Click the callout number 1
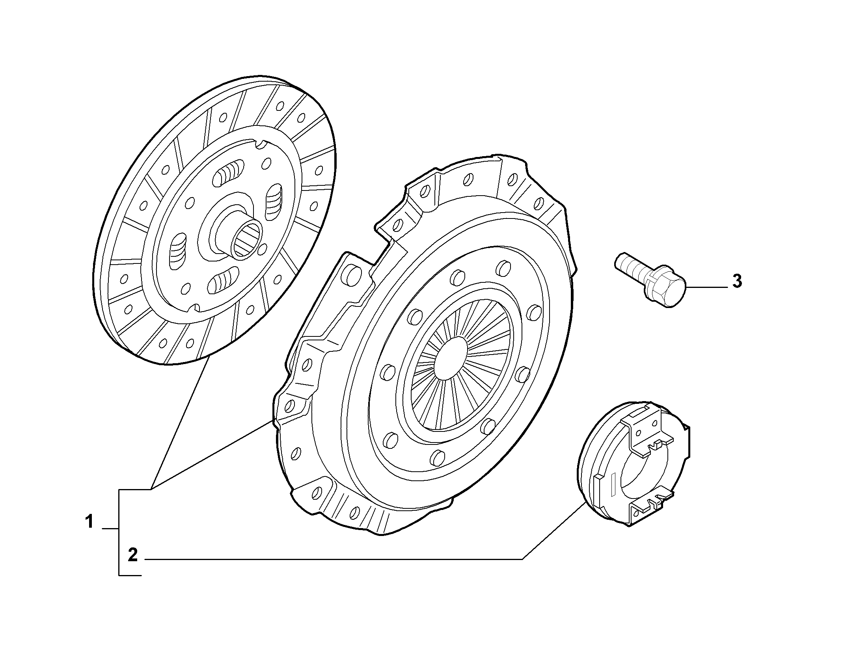pos(89,521)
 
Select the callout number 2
pos(133,555)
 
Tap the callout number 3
pos(737,281)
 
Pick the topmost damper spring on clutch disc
pos(229,174)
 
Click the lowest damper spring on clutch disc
pos(223,280)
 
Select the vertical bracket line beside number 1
pos(119,532)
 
